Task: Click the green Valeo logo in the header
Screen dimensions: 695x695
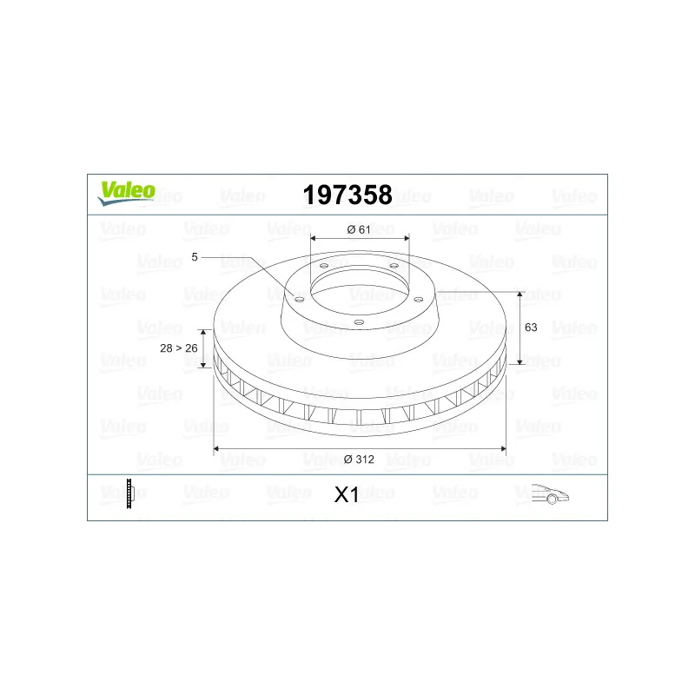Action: pyautogui.click(x=127, y=193)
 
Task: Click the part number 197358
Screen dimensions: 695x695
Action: pyautogui.click(x=347, y=195)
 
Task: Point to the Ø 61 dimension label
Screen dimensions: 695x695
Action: pyautogui.click(x=359, y=229)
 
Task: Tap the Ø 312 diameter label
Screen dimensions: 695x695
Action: pyautogui.click(x=359, y=460)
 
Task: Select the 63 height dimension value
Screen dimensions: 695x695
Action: pyautogui.click(x=531, y=328)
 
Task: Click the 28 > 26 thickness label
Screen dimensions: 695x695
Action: pyautogui.click(x=179, y=348)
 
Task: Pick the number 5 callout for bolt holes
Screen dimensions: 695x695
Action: pyautogui.click(x=195, y=257)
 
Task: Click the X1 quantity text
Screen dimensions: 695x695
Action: pyautogui.click(x=347, y=494)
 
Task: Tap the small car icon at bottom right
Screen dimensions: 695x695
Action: pyautogui.click(x=550, y=493)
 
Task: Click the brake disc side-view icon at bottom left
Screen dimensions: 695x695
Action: pyautogui.click(x=129, y=493)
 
